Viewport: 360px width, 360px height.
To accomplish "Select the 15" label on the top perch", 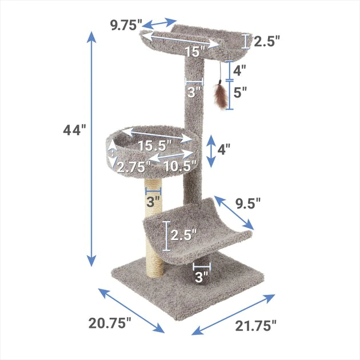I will pyautogui.click(x=194, y=52).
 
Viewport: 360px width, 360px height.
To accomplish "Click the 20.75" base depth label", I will pyautogui.click(x=110, y=323).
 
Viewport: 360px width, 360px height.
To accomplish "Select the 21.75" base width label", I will pyautogui.click(x=256, y=325).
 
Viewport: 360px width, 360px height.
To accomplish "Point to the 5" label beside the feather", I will pyautogui.click(x=240, y=91).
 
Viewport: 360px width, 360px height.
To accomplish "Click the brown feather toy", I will pyautogui.click(x=219, y=96).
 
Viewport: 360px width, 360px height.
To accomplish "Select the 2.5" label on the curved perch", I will pyautogui.click(x=184, y=234).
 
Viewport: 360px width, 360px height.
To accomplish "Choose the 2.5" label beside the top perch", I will pyautogui.click(x=267, y=41).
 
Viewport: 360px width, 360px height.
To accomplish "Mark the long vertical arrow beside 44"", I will pyautogui.click(x=91, y=149).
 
